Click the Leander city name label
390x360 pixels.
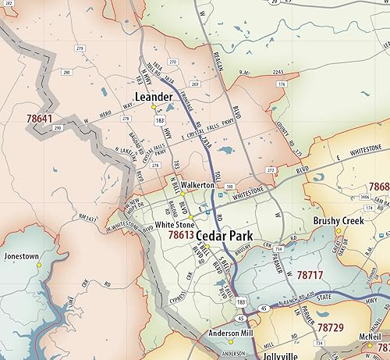(x=153, y=96)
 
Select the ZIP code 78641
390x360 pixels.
(x=39, y=119)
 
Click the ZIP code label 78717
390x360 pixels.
(x=309, y=276)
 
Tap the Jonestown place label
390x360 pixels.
(x=21, y=255)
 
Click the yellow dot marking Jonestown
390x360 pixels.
(x=38, y=265)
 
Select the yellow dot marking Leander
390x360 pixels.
(x=154, y=107)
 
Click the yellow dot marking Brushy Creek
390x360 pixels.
(x=339, y=230)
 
